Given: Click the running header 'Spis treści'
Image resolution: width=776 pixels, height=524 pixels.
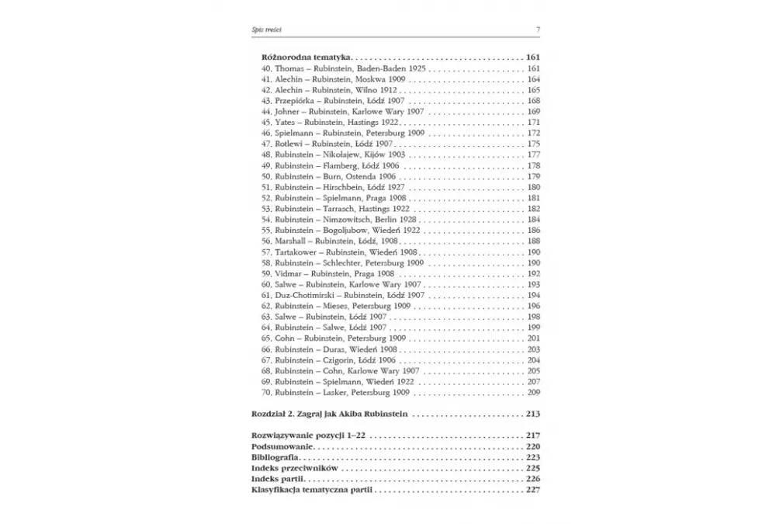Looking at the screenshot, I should pos(267,29).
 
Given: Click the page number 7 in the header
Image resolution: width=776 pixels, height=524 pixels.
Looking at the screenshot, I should pos(538,29).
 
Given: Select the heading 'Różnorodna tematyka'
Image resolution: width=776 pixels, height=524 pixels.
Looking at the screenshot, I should pos(302,57).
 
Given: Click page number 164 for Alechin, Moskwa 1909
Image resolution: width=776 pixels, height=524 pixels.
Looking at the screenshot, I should pos(533,79).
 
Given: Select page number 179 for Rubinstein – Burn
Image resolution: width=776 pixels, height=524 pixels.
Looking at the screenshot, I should pos(533,176).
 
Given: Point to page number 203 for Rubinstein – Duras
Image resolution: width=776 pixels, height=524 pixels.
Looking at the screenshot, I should pos(533,349).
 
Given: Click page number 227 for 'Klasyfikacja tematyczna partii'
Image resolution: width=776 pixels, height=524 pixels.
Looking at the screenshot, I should pos(533,490).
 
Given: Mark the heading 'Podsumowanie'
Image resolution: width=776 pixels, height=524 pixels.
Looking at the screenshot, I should pos(282,447).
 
